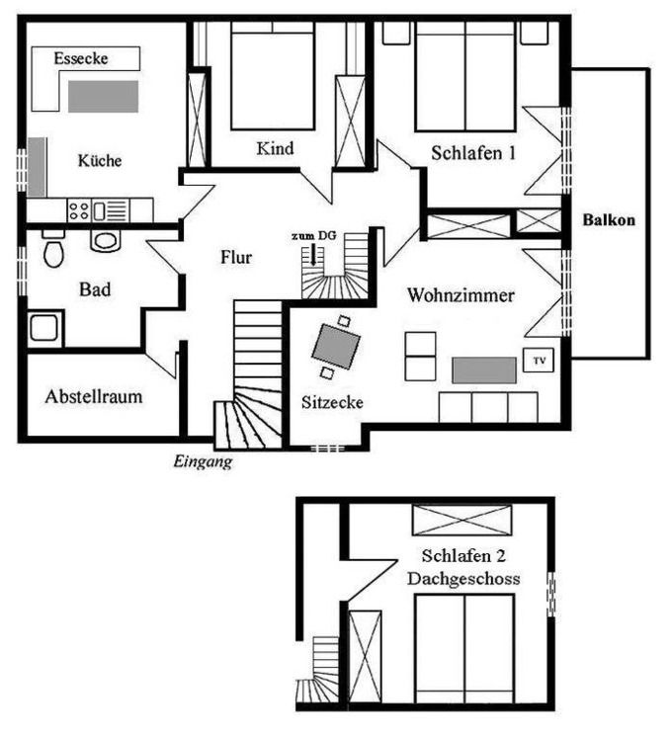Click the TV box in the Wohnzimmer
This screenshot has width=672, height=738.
[x=539, y=361]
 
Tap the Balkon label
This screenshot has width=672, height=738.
[x=609, y=219]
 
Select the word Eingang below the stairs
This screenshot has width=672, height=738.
[x=203, y=461]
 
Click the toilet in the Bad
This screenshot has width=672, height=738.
[x=53, y=250]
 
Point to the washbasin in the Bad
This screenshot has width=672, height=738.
[x=105, y=240]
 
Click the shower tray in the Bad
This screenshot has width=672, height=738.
[x=44, y=328]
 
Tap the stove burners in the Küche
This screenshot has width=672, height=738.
[x=79, y=209]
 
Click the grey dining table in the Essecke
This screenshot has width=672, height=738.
[x=104, y=97]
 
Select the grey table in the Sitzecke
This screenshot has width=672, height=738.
[x=336, y=347]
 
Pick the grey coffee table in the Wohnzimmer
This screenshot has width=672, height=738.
[x=484, y=369]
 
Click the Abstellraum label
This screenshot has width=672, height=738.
[x=94, y=396]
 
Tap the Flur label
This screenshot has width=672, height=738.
[x=236, y=257]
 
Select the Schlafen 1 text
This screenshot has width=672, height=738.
[x=473, y=153]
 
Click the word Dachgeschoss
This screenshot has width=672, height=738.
[x=463, y=578]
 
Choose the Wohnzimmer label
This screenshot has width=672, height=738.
[x=461, y=295]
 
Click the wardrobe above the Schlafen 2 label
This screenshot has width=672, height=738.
[x=462, y=520]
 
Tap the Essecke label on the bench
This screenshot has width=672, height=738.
[x=81, y=58]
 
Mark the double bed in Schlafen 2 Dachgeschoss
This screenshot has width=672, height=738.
[x=464, y=649]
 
